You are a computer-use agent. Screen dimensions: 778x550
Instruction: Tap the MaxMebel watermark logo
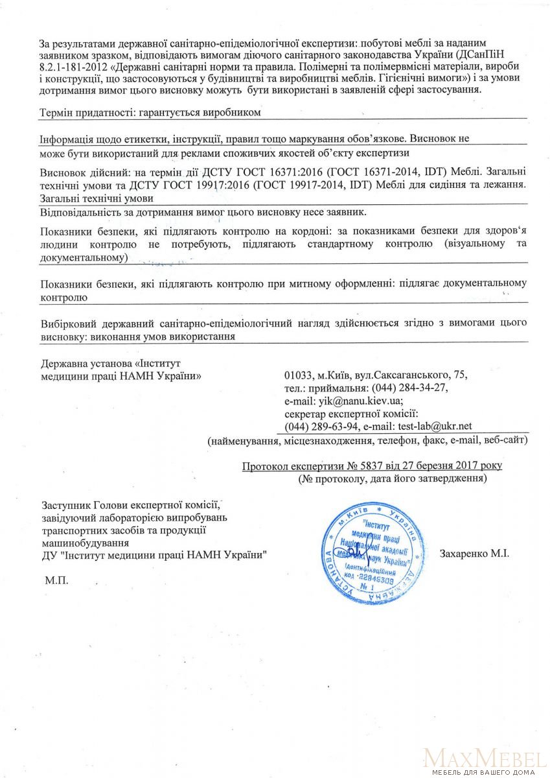tap(483, 757)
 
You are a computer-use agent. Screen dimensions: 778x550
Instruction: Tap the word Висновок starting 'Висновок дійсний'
tap(62, 173)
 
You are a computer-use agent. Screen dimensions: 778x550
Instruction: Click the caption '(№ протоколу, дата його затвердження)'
tap(393, 479)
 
